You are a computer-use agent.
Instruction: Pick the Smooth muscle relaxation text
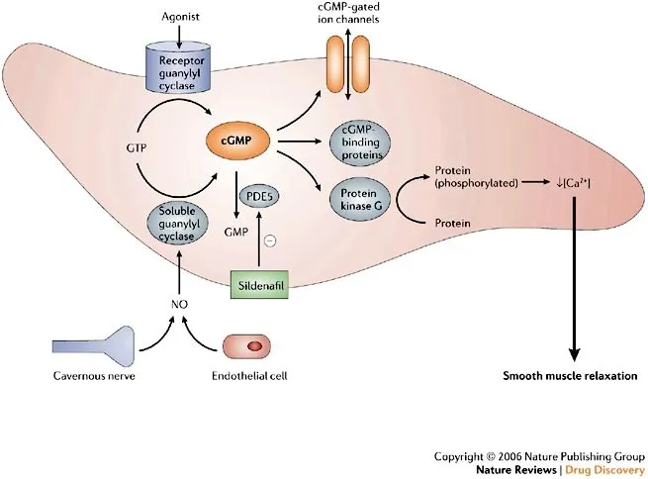point(570,377)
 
